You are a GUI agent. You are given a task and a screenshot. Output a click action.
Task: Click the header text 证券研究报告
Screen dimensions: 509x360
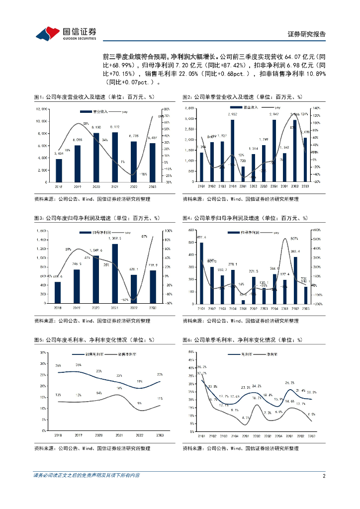[307, 34]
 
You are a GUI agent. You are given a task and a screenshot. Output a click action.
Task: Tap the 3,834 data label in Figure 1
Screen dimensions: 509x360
[59, 154]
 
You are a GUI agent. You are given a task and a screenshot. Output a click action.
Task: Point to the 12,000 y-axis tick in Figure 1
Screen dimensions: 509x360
[41, 109]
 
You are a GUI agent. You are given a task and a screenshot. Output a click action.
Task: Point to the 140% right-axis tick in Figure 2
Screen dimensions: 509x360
[316, 108]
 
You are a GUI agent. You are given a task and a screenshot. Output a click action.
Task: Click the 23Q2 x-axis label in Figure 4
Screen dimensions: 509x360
[295, 308]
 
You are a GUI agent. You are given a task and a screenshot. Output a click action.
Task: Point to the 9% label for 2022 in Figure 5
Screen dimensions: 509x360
[140, 403]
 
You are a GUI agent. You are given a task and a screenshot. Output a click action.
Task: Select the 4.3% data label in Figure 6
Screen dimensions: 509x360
[246, 418]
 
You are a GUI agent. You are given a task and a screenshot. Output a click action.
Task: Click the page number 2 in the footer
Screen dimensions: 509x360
[323, 476]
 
